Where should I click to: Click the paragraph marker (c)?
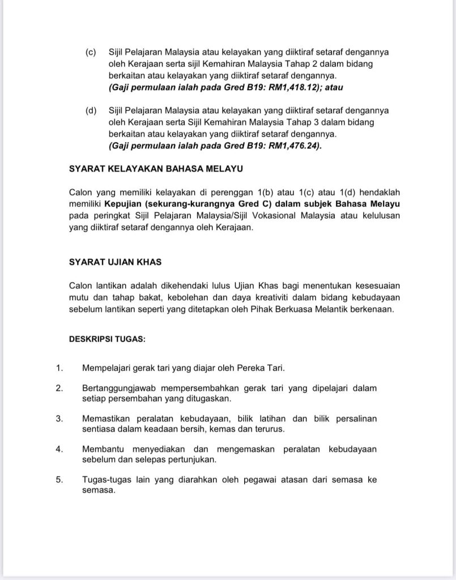(91, 52)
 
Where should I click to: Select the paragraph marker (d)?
(91, 110)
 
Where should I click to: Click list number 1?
(59, 368)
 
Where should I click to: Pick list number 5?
(59, 480)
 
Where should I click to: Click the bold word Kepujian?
(122, 204)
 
